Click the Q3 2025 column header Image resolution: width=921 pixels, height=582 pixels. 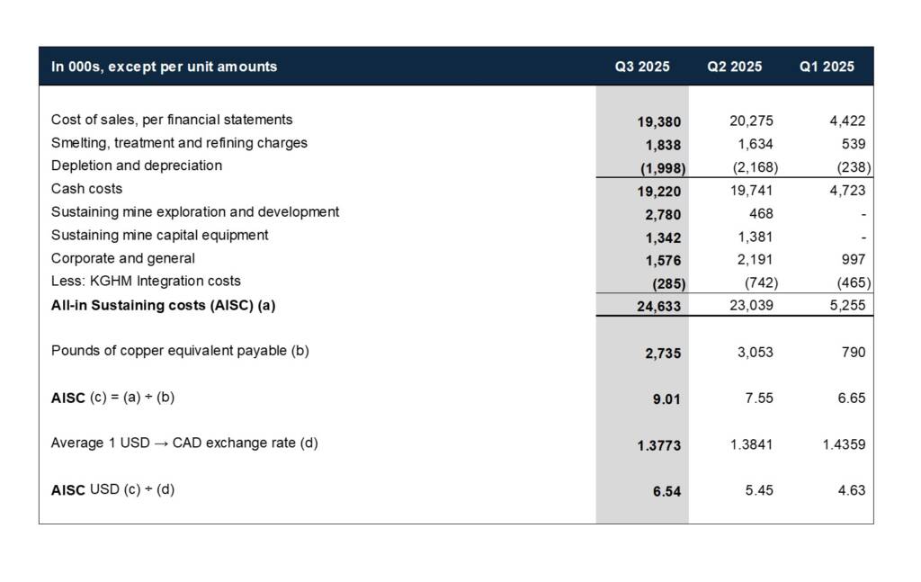click(642, 67)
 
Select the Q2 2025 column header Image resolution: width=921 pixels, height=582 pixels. click(734, 67)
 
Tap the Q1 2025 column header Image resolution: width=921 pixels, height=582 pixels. click(827, 67)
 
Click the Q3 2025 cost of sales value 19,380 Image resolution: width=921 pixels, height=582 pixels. click(659, 121)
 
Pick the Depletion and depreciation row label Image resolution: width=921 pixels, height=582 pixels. click(137, 166)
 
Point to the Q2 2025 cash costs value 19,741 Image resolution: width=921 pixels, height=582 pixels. click(751, 190)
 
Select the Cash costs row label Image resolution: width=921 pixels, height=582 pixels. click(86, 189)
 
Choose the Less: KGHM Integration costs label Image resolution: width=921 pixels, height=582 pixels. click(146, 281)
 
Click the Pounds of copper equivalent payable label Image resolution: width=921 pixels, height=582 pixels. click(180, 351)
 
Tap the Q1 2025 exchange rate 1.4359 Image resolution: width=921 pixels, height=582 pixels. click(844, 444)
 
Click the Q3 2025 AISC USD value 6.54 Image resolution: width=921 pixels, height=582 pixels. click(666, 492)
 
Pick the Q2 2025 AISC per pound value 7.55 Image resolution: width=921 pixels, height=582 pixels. click(759, 398)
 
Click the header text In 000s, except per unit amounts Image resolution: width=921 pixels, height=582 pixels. click(164, 67)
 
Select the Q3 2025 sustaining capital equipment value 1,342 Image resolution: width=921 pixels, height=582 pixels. click(663, 237)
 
